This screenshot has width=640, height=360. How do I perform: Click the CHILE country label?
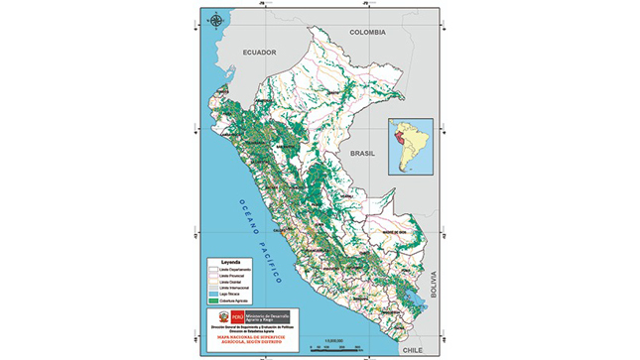(x=413, y=350)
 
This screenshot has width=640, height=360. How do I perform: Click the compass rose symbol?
(x=215, y=17)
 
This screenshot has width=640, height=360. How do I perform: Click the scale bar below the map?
(x=329, y=344)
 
